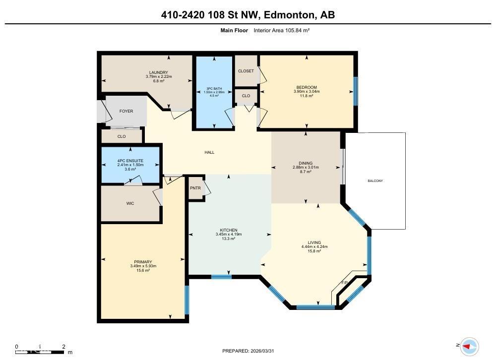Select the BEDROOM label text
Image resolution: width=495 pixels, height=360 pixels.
click(307, 87)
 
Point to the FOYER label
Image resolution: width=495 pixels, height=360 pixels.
click(126, 111)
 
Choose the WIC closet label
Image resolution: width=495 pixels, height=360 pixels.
click(130, 203)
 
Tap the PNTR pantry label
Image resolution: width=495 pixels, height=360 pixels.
click(195, 188)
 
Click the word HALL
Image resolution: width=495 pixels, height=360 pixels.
click(209, 152)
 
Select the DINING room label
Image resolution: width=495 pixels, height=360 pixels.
click(306, 163)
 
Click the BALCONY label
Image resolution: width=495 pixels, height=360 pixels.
click(375, 181)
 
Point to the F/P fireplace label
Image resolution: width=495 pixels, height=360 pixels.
click(345, 283)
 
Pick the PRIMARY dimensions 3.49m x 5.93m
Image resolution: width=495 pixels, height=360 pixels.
click(143, 266)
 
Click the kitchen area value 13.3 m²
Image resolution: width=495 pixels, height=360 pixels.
click(229, 239)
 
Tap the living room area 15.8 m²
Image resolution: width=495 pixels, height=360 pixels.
click(314, 251)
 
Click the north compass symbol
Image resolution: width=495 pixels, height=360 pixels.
click(468, 346)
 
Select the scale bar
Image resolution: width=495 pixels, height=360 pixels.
click(40, 352)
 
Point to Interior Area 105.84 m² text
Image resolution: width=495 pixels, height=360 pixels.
click(281, 30)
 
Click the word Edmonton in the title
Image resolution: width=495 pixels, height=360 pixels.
click(288, 15)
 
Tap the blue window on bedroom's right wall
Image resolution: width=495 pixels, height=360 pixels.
click(355, 91)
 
